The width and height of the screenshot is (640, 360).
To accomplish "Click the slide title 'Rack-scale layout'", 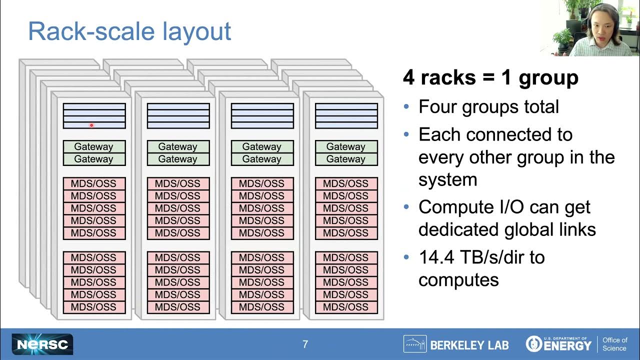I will point(129,31).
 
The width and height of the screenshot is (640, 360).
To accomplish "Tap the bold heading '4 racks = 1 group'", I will point(490,77).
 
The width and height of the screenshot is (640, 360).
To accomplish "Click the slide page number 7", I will point(305,344).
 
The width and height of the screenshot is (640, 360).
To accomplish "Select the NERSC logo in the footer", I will point(42,344).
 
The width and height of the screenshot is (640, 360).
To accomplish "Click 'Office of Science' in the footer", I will point(614,344).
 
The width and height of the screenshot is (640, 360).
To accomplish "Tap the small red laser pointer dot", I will point(91,125).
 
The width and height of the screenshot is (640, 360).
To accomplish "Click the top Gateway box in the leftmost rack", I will point(94,147).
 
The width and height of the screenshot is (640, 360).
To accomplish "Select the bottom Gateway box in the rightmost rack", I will point(346,159).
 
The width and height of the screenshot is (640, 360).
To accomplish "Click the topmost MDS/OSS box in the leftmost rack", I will point(94,183).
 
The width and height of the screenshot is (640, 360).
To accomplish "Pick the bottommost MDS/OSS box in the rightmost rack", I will point(346,307).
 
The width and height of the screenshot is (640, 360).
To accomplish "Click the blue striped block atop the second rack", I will point(178,116).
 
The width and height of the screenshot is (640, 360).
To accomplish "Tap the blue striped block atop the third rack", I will point(262,116).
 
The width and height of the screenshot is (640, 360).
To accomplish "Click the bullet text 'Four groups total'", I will point(488,106).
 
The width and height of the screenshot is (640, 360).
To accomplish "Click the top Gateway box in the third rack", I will point(262,147).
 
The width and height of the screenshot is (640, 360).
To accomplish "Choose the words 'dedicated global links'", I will point(507,229).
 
